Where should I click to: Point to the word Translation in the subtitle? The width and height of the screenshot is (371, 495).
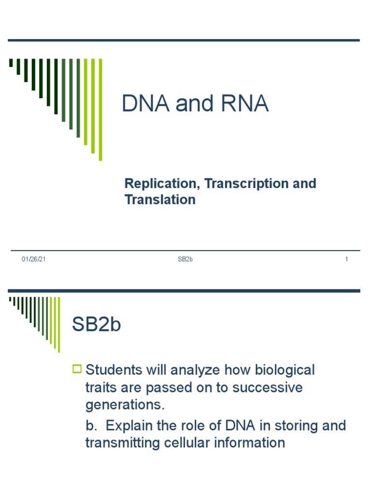click(x=160, y=200)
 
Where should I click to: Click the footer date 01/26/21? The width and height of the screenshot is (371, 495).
click(x=34, y=260)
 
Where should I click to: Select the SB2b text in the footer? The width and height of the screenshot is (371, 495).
click(x=185, y=260)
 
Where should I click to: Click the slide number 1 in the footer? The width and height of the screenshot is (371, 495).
click(x=346, y=260)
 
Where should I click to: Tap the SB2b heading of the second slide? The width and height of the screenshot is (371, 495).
click(x=97, y=325)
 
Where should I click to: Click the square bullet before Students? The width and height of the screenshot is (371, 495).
click(x=77, y=370)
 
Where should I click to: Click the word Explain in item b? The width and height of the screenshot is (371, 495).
click(x=132, y=425)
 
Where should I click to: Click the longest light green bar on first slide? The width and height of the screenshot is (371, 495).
click(x=100, y=109)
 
